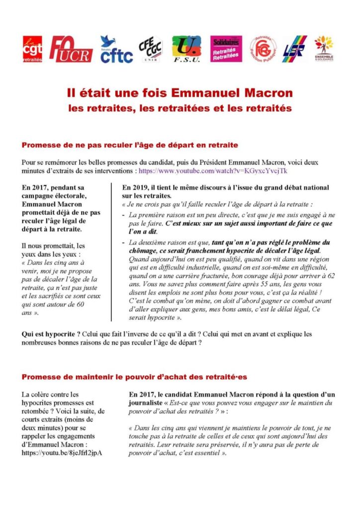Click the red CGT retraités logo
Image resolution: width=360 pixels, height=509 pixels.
tap(32, 49)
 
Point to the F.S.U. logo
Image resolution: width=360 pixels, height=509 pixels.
tap(186, 49)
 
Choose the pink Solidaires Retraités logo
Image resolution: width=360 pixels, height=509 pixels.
tap(226, 49)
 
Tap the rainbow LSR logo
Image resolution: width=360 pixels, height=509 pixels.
tap(295, 49)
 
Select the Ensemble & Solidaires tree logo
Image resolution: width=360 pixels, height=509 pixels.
tap(324, 49)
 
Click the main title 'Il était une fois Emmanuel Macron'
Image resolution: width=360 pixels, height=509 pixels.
tap(180, 93)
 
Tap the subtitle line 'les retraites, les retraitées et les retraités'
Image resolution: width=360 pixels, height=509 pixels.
tap(180, 107)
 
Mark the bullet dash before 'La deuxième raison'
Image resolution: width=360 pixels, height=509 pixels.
tap(123, 242)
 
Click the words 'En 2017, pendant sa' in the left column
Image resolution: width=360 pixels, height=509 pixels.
tap(51, 187)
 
